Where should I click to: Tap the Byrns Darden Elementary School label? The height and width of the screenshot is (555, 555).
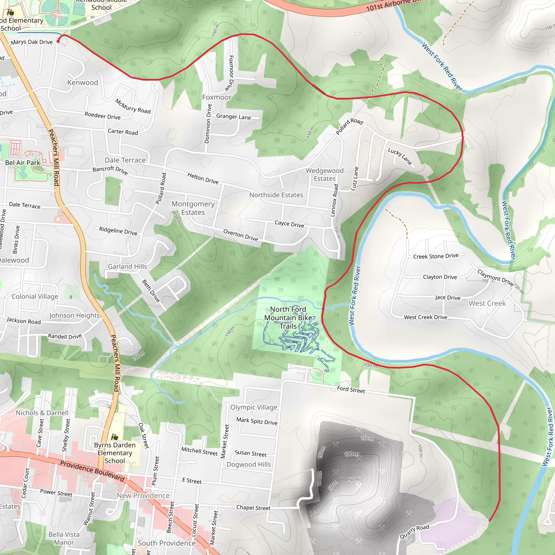115,453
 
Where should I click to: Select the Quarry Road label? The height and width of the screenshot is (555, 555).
414,531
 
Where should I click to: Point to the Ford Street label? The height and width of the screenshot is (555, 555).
351,390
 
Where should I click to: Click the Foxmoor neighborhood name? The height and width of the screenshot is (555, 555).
217,97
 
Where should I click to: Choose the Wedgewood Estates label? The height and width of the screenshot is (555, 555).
324,174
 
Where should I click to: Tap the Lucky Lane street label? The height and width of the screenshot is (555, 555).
400,156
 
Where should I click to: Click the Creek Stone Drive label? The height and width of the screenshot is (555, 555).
435,256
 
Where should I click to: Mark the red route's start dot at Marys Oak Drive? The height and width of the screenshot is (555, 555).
58,41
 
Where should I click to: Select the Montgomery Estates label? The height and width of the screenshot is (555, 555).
193,208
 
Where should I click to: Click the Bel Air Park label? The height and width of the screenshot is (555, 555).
23,163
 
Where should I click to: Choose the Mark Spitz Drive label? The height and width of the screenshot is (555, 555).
257,421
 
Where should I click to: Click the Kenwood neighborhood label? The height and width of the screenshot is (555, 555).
82,82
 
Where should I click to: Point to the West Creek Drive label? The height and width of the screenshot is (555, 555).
425,317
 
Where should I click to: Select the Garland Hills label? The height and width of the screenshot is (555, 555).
127,267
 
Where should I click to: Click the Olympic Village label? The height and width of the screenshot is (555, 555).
254,407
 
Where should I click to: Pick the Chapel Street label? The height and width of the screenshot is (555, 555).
253,508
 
